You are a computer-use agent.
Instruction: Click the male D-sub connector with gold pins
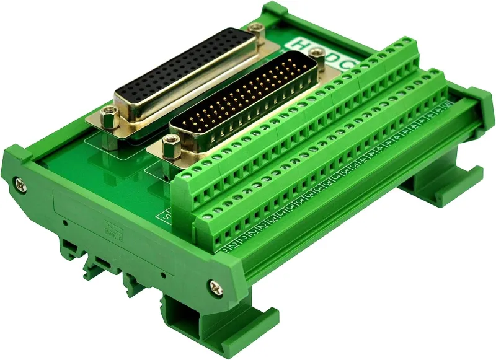coord(242,99)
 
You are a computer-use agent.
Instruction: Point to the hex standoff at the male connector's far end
coord(310,58)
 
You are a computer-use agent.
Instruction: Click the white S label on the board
coord(166,216)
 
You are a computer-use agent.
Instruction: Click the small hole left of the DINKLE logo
coord(64,221)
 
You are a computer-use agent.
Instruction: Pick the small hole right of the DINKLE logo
coord(162,273)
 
